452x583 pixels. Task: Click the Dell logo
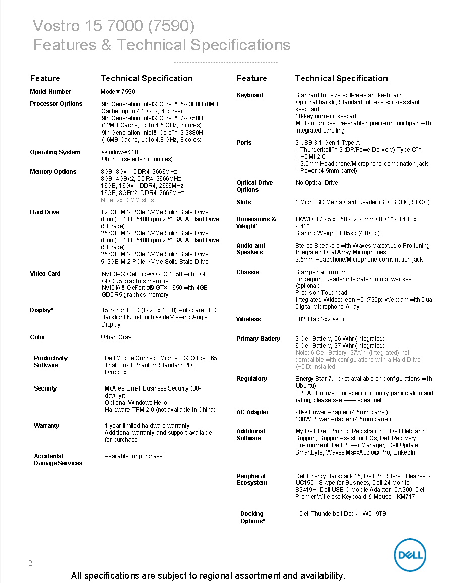point(409,555)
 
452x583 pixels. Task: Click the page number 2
point(30,563)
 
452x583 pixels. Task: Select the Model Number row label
point(50,92)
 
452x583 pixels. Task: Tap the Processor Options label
point(56,104)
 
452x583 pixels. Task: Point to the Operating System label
point(55,152)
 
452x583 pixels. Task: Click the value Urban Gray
point(116,337)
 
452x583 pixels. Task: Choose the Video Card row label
point(45,274)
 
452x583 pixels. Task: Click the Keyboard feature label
point(250,95)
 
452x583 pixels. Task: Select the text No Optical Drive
point(316,183)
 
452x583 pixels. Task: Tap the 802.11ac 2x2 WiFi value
point(319,319)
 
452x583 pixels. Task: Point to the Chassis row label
point(248,272)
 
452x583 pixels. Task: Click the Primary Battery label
point(258,339)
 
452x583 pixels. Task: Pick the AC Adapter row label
point(252,412)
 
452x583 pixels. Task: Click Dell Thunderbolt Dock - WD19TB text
point(343,514)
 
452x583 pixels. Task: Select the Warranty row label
point(46,426)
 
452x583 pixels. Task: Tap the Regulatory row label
point(251,379)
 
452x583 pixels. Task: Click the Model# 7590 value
point(118,92)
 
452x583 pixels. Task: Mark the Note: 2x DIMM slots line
point(127,200)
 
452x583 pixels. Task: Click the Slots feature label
point(244,202)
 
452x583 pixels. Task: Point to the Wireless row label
point(248,319)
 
